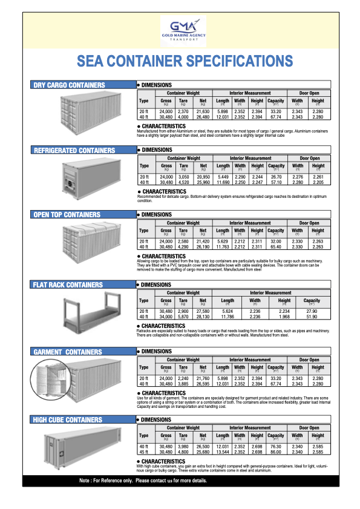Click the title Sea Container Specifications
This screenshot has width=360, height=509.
[185, 61]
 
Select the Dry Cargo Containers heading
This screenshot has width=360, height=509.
[70, 85]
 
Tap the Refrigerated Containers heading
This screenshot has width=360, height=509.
[74, 150]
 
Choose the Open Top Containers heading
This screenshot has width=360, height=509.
[67, 215]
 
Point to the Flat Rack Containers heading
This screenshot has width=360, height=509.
[68, 285]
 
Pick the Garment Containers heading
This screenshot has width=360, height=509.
[68, 352]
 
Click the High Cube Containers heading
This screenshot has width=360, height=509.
[68, 420]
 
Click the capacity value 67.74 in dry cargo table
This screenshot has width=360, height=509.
[276, 117]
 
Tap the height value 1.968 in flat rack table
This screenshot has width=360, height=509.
[284, 317]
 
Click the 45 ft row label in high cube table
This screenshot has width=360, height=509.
[143, 452]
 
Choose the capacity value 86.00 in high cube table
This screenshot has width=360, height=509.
[276, 452]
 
